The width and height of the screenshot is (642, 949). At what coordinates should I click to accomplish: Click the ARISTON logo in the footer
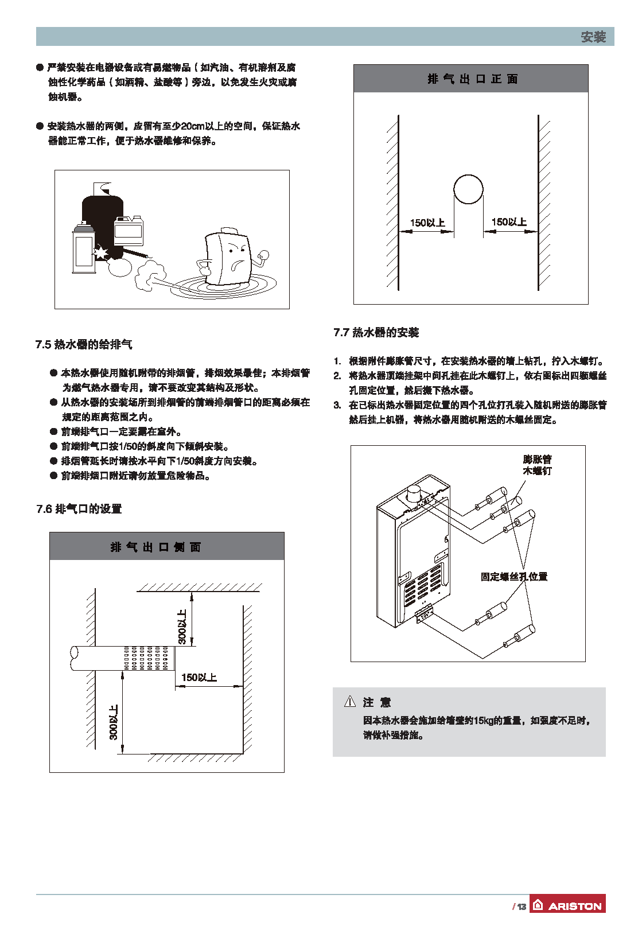(567, 905)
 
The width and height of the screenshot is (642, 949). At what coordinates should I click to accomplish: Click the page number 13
(521, 907)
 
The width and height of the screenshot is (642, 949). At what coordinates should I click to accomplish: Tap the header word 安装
(593, 37)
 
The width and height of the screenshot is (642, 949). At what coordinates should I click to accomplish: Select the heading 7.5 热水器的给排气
(84, 344)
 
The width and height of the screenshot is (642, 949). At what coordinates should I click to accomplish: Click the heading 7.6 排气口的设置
(79, 509)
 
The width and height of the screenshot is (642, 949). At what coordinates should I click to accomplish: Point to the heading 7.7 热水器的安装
(376, 332)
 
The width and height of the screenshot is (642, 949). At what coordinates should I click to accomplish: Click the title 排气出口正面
(472, 79)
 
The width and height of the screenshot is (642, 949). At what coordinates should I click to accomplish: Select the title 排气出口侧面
(155, 547)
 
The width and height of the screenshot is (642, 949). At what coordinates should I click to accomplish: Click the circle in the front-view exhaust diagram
(468, 189)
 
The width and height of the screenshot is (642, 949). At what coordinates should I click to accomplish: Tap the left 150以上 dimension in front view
(427, 223)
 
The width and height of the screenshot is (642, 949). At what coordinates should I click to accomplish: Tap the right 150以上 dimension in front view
(509, 222)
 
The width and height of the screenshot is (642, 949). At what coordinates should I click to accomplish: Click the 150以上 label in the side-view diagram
(199, 678)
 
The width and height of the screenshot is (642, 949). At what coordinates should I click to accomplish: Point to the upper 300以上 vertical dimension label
(182, 627)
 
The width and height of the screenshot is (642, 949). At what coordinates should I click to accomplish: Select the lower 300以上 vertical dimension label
(114, 722)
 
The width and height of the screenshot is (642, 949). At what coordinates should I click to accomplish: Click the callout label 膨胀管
(538, 459)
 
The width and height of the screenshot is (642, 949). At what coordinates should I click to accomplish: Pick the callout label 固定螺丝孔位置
(514, 577)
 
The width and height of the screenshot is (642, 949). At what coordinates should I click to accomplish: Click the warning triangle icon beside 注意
(350, 701)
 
